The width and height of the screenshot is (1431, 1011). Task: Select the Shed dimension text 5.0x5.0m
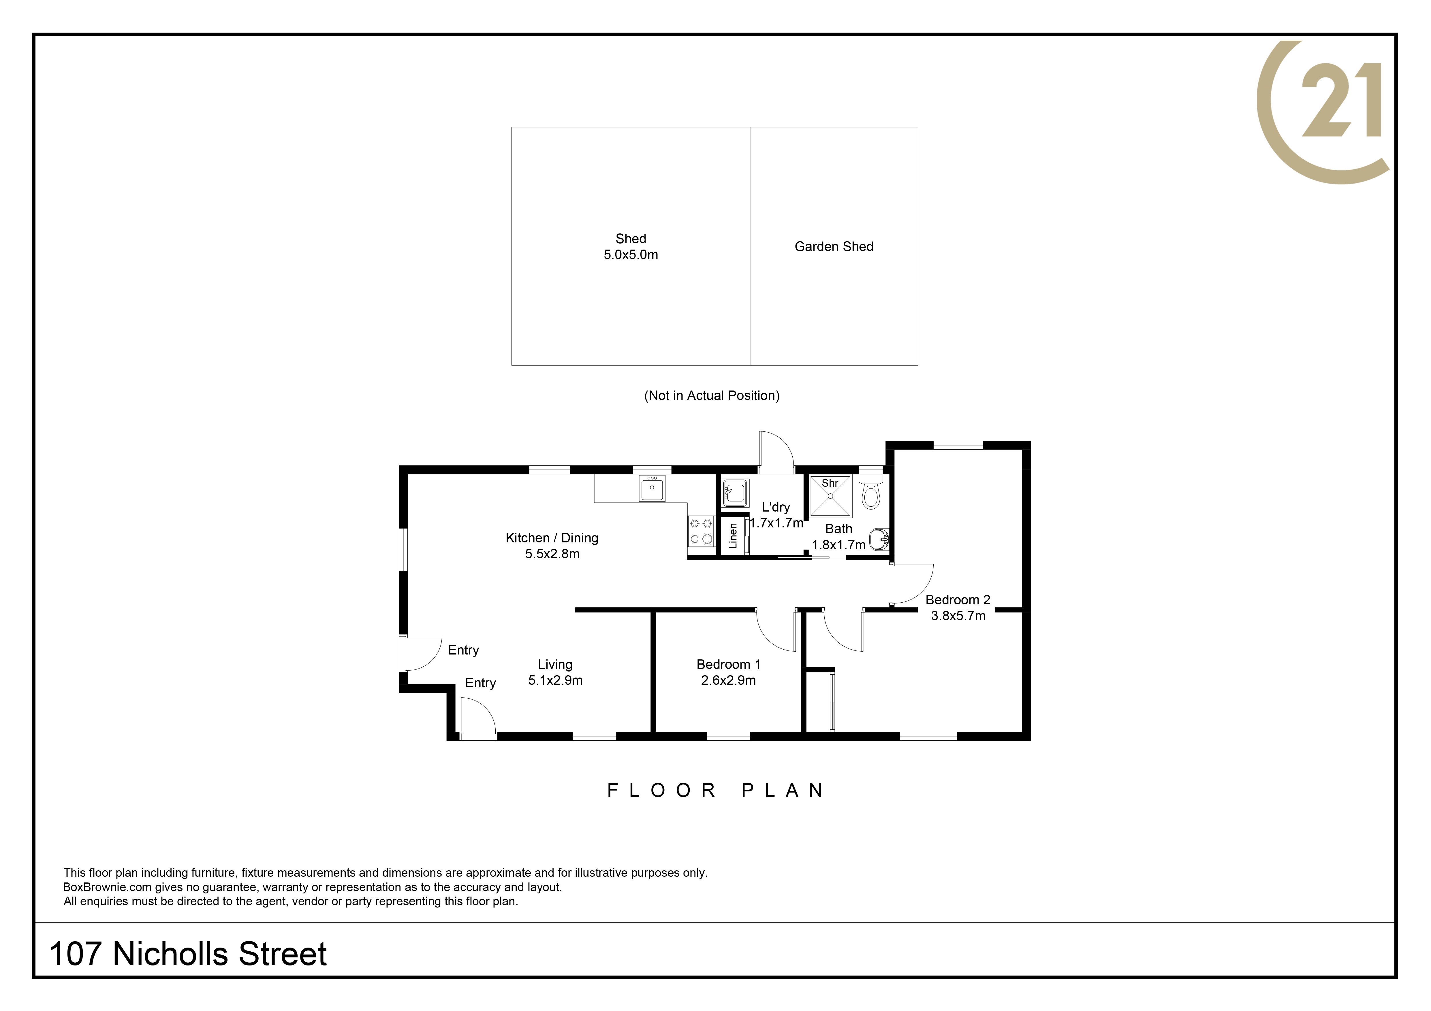[x=631, y=255]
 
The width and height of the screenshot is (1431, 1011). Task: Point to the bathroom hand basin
[x=879, y=539]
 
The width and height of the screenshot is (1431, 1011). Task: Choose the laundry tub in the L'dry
[x=735, y=493]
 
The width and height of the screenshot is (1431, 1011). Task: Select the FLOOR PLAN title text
[x=716, y=791]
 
